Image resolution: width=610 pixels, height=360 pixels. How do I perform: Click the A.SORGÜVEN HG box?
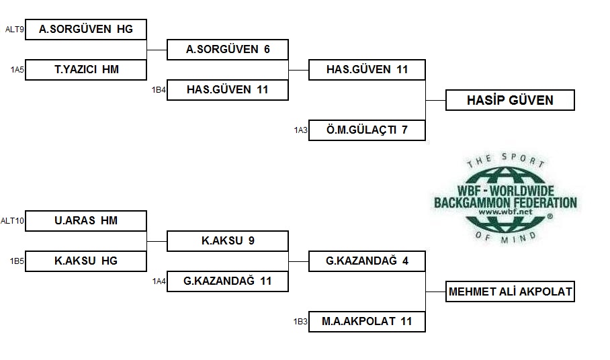[86, 30]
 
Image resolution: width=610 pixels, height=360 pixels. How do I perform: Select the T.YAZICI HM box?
[86, 70]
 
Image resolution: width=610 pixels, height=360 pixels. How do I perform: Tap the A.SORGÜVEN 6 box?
[228, 50]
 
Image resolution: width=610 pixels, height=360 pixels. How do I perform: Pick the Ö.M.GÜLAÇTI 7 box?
[367, 130]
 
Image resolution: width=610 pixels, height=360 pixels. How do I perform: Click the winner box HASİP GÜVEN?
[510, 100]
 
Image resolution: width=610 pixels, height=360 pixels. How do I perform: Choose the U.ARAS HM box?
[86, 221]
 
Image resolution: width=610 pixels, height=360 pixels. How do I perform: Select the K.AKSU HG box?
[86, 261]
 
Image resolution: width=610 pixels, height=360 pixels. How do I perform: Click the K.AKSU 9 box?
[228, 241]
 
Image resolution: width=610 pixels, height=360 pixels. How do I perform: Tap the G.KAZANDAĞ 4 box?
[367, 261]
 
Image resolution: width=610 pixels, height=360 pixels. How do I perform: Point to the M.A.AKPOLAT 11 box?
[367, 322]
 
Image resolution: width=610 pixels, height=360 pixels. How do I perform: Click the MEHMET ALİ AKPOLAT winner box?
[510, 291]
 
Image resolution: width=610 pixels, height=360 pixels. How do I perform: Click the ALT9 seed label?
[14, 30]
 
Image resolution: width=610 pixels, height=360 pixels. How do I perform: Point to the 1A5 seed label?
[17, 70]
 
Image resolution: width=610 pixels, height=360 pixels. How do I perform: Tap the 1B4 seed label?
[159, 90]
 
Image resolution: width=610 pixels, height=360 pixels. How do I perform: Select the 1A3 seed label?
[301, 130]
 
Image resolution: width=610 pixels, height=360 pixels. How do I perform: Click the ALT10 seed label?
[13, 221]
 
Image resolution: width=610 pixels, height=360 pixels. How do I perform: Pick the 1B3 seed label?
[300, 322]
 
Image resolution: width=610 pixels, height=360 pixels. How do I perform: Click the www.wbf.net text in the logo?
[505, 212]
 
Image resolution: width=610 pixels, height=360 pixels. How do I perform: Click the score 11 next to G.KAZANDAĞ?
[266, 281]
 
